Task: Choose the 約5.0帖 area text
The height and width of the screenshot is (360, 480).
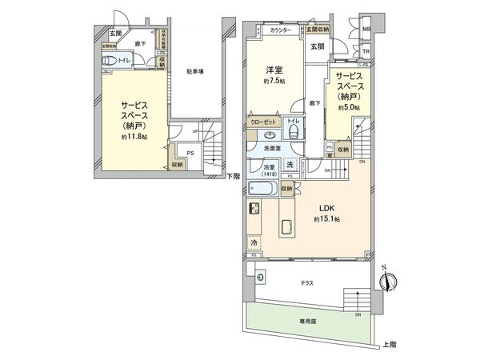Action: [x=349, y=107]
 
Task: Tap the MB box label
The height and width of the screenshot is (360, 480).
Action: [x=367, y=31]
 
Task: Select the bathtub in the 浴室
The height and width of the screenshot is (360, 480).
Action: [x=262, y=190]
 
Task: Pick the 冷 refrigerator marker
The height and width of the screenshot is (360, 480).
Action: [x=254, y=242]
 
